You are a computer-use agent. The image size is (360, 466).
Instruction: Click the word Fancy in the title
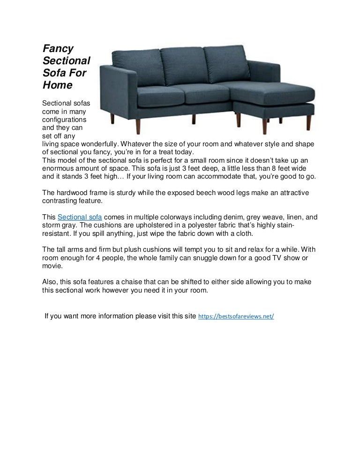click(56, 48)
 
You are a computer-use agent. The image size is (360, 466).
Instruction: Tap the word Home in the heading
click(57, 85)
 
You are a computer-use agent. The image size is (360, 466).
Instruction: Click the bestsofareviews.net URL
click(236, 316)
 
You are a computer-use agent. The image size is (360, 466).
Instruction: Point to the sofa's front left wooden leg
click(112, 118)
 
